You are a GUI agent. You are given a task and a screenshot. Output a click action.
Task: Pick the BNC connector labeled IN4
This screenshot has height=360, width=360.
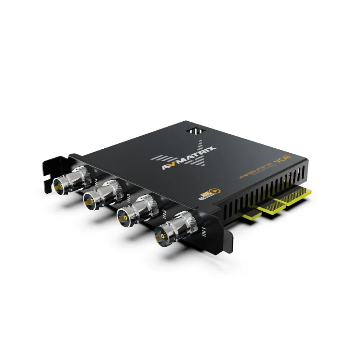72,179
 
